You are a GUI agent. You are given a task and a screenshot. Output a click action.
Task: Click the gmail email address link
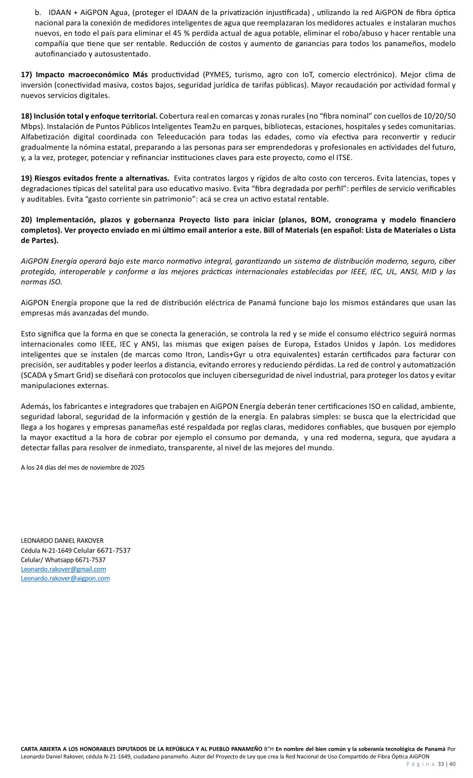click(x=63, y=569)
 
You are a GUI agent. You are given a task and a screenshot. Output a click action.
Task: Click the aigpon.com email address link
click(x=65, y=578)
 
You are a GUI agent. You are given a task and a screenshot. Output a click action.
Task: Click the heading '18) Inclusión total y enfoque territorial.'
click(x=89, y=116)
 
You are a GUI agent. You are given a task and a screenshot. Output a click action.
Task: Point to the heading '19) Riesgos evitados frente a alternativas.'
click(x=95, y=178)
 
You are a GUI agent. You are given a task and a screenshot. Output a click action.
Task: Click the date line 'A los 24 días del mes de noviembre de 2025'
click(x=82, y=467)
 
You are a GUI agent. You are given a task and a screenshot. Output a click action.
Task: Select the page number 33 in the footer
click(x=441, y=764)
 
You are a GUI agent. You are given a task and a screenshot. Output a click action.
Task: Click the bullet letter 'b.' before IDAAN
click(x=38, y=12)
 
